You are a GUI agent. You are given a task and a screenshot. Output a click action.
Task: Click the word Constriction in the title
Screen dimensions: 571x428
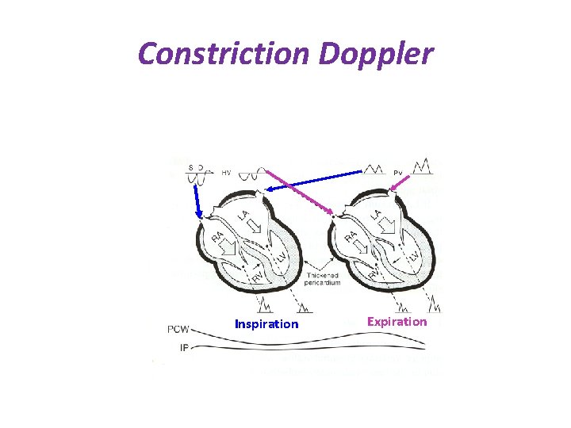click(x=224, y=54)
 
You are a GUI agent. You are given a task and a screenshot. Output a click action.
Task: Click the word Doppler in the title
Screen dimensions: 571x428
click(x=377, y=54)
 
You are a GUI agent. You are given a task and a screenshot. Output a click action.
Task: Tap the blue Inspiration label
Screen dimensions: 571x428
click(x=266, y=324)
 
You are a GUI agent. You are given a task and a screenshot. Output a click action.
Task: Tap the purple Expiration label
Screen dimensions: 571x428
click(x=397, y=321)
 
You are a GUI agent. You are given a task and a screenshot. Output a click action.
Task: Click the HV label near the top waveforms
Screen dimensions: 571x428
click(x=227, y=172)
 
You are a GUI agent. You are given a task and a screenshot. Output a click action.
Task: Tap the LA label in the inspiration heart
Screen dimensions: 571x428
click(x=246, y=216)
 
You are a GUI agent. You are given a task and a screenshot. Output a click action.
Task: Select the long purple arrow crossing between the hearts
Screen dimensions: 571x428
click(x=298, y=191)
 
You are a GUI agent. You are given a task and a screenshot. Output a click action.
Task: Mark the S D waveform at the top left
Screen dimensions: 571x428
click(x=195, y=171)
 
